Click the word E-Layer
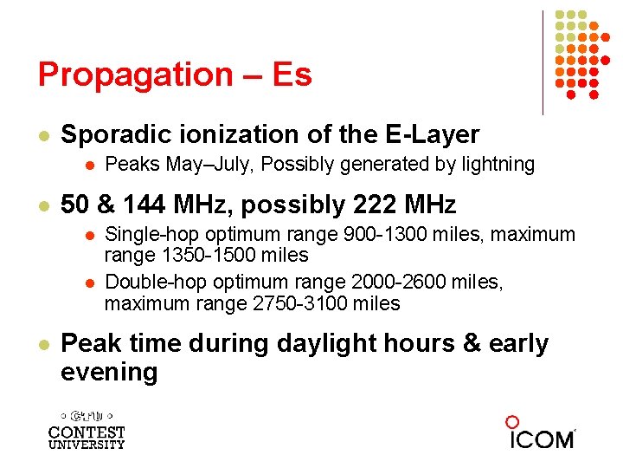click(430, 134)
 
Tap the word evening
click(109, 372)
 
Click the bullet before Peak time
click(42, 344)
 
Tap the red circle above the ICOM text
click(512, 422)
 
